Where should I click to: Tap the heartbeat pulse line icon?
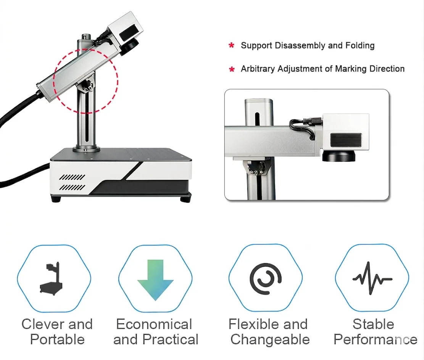click(372, 278)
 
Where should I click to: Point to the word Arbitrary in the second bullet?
click(258, 69)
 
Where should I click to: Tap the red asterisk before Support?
click(231, 46)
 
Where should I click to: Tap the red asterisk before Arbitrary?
click(231, 69)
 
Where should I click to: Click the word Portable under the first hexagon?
click(57, 339)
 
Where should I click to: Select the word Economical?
click(154, 325)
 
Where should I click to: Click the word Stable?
click(373, 325)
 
